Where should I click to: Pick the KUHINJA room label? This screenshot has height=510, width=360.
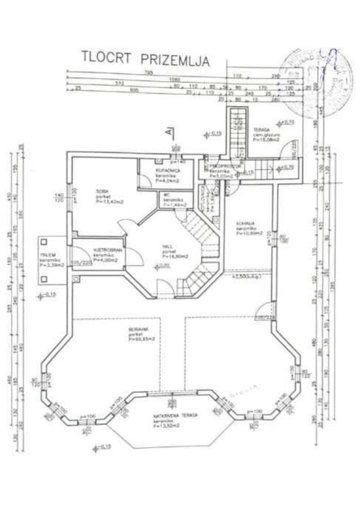(x=246, y=224)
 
